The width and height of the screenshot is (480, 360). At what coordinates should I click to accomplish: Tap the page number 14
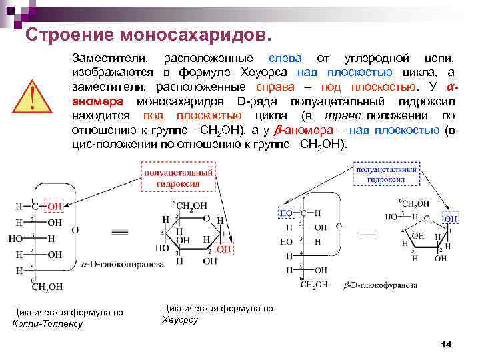pos(446,343)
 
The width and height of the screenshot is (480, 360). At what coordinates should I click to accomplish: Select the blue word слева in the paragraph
pos(285,58)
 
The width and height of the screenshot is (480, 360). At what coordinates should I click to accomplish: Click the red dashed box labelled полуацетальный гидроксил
pos(178,174)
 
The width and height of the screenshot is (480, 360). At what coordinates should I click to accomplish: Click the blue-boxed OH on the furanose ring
pos(451,218)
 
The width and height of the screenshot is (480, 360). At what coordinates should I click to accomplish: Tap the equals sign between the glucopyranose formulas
pos(119,233)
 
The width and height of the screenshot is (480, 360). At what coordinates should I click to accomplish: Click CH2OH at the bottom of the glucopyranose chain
pos(47,287)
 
